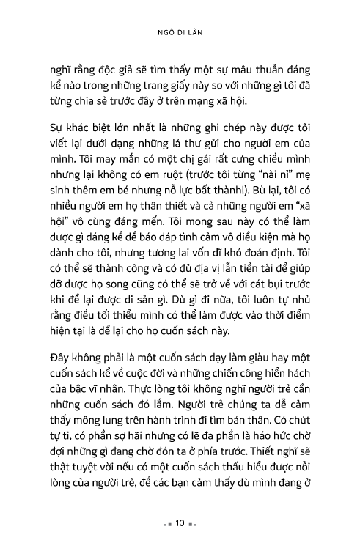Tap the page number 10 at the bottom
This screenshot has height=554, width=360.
(180, 525)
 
